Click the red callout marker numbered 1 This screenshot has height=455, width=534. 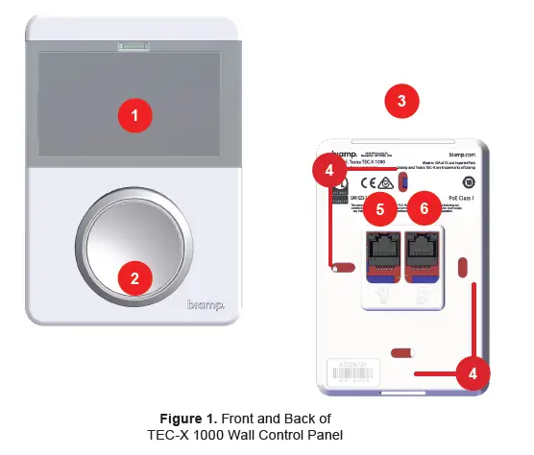pyautogui.click(x=135, y=115)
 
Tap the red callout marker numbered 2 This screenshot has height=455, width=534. pyautogui.click(x=135, y=278)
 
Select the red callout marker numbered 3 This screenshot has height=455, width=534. pyautogui.click(x=401, y=100)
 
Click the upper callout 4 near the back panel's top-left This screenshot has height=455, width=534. pyautogui.click(x=329, y=173)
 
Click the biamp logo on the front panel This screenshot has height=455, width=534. pyautogui.click(x=206, y=305)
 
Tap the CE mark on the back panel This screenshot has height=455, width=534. pyautogui.click(x=367, y=180)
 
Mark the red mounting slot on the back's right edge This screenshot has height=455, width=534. pyautogui.click(x=464, y=266)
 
